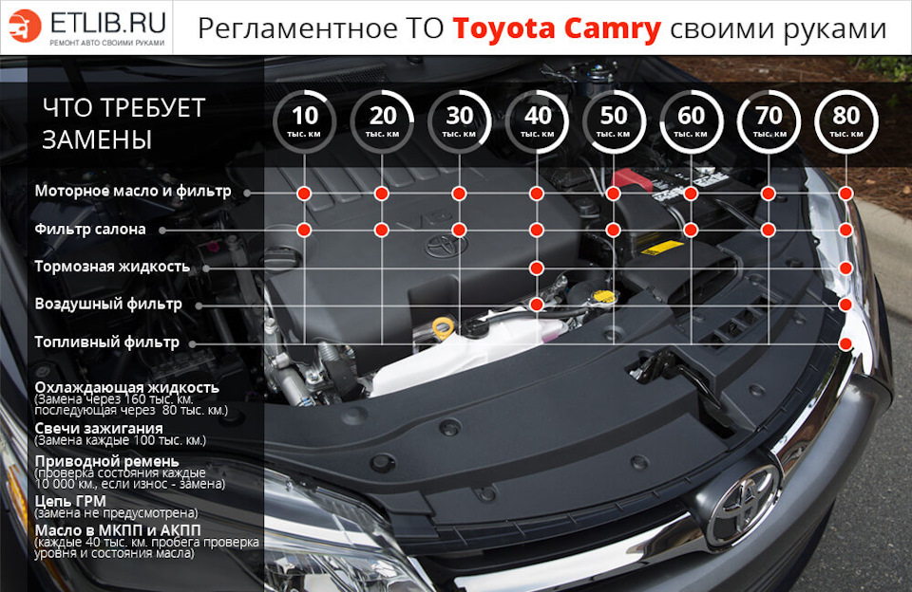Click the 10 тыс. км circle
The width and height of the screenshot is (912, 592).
[x=304, y=120]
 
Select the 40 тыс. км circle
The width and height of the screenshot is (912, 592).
[x=537, y=120]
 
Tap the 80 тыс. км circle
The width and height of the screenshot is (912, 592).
[x=845, y=120]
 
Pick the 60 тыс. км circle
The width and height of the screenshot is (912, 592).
[x=691, y=120]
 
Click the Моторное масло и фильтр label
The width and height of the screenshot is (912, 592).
[x=133, y=192]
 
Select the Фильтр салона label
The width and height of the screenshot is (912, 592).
[x=90, y=230]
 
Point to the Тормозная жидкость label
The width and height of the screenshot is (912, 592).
[x=112, y=267]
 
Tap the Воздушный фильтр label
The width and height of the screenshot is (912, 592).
[x=107, y=305]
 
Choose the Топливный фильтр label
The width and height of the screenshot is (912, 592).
[x=106, y=342]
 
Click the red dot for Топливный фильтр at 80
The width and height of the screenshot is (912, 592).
[x=845, y=342]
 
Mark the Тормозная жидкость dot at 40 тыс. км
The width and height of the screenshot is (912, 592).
[x=537, y=268]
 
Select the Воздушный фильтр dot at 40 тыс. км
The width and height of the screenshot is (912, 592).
[x=537, y=305]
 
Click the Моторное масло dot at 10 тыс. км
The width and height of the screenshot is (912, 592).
[x=304, y=194]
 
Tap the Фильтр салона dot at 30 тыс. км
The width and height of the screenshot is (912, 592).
[x=459, y=230]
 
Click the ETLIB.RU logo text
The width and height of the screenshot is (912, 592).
[x=106, y=20]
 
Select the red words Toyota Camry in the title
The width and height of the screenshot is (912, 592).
[x=557, y=29]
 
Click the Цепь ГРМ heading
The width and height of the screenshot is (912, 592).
[x=69, y=500]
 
